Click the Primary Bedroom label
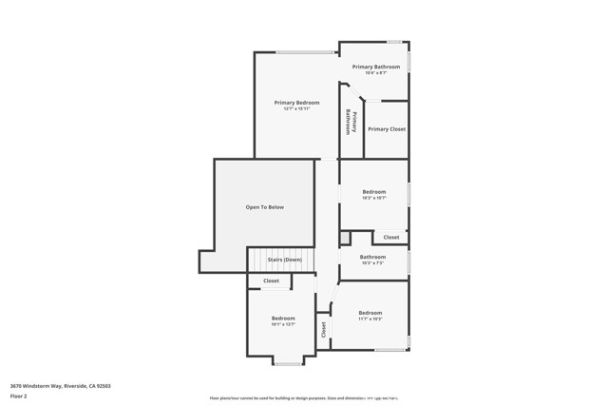point(296,102)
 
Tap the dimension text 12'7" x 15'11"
point(296,108)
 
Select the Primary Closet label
point(387,128)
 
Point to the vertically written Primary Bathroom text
point(351,122)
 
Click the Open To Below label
point(264,206)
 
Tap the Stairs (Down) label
point(284,259)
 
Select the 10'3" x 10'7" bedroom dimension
point(373,199)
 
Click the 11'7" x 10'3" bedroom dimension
point(370,319)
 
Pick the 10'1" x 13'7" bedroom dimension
point(283,324)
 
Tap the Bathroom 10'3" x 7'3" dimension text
point(372,263)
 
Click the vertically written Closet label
point(323,329)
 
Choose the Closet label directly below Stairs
point(271,280)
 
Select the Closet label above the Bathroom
point(391,237)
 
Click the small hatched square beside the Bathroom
point(345,237)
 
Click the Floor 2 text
point(19,396)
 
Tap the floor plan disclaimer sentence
point(304,398)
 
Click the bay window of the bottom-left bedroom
point(287,362)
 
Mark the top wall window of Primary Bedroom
point(304,52)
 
